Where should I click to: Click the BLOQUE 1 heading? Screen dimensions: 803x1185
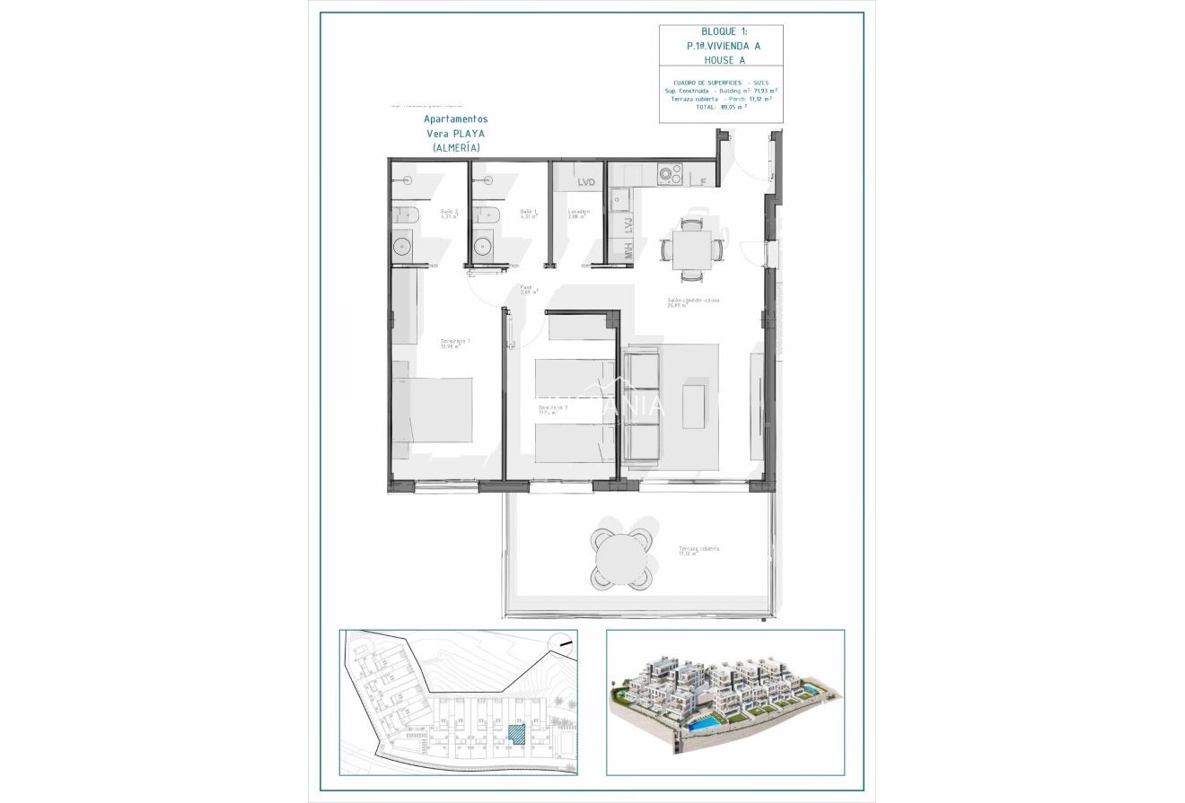tap(722, 31)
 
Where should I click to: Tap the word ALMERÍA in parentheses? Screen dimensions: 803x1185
tap(455, 147)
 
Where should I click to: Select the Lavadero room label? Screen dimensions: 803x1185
tap(578, 213)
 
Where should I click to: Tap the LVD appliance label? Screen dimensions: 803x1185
tap(586, 182)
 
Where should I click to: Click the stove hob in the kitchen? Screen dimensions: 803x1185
tap(671, 173)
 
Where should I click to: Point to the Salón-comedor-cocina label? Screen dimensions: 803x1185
tap(692, 301)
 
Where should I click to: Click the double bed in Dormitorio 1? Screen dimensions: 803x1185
tap(433, 410)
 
